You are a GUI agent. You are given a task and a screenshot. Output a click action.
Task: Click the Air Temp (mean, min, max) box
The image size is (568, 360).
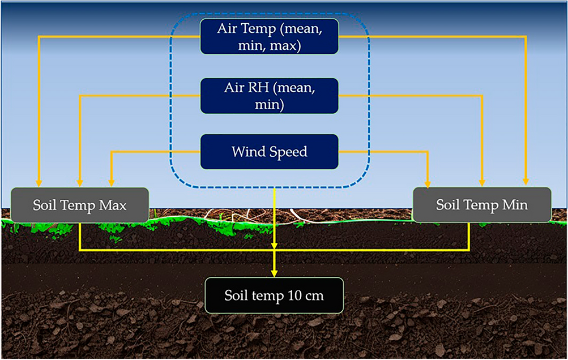269,37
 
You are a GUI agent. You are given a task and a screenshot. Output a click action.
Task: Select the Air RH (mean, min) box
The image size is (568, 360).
269,96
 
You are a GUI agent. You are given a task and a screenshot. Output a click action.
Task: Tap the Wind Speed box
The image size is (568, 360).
269,152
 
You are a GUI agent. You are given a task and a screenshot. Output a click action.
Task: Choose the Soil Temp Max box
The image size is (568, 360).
79,204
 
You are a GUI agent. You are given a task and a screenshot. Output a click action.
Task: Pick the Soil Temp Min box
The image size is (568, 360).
481,204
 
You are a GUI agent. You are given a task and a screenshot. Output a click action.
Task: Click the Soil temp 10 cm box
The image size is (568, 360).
275,295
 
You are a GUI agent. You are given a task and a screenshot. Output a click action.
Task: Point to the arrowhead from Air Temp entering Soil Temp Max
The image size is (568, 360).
39,183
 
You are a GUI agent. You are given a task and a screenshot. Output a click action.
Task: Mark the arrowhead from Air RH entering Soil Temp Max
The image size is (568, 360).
80,183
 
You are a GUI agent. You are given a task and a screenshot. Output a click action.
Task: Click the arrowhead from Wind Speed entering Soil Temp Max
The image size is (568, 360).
110,183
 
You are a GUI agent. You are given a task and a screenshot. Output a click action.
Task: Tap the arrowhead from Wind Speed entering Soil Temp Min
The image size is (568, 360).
428,183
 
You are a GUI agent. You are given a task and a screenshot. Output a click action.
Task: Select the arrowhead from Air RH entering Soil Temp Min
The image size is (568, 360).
482,183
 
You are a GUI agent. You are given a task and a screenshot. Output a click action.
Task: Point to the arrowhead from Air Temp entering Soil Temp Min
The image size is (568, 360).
526,183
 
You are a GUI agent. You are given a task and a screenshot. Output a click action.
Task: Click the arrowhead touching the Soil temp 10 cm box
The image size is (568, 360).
275,273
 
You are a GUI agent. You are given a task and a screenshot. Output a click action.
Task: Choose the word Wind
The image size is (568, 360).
247,152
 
